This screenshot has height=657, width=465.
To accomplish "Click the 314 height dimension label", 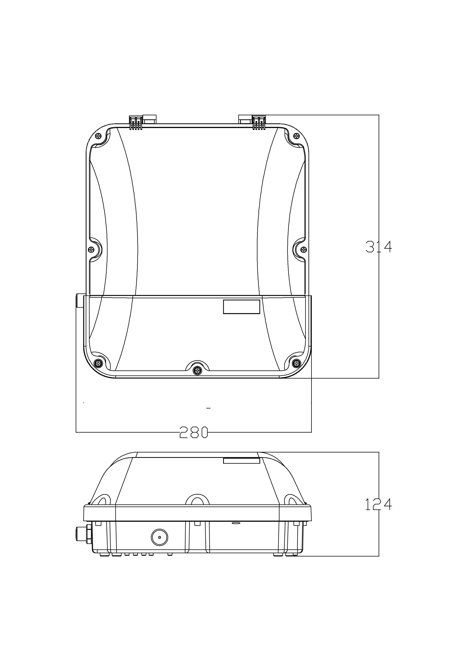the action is [x=379, y=247].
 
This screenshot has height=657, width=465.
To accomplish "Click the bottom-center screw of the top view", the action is [x=197, y=371].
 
